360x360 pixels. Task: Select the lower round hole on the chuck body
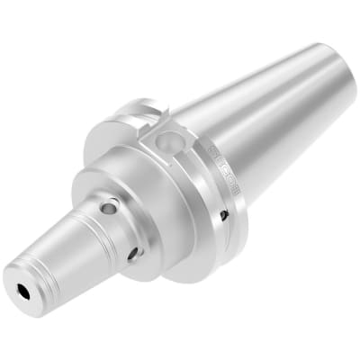pyautogui.click(x=134, y=253)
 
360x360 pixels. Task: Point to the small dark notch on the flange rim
pyautogui.click(x=224, y=214)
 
